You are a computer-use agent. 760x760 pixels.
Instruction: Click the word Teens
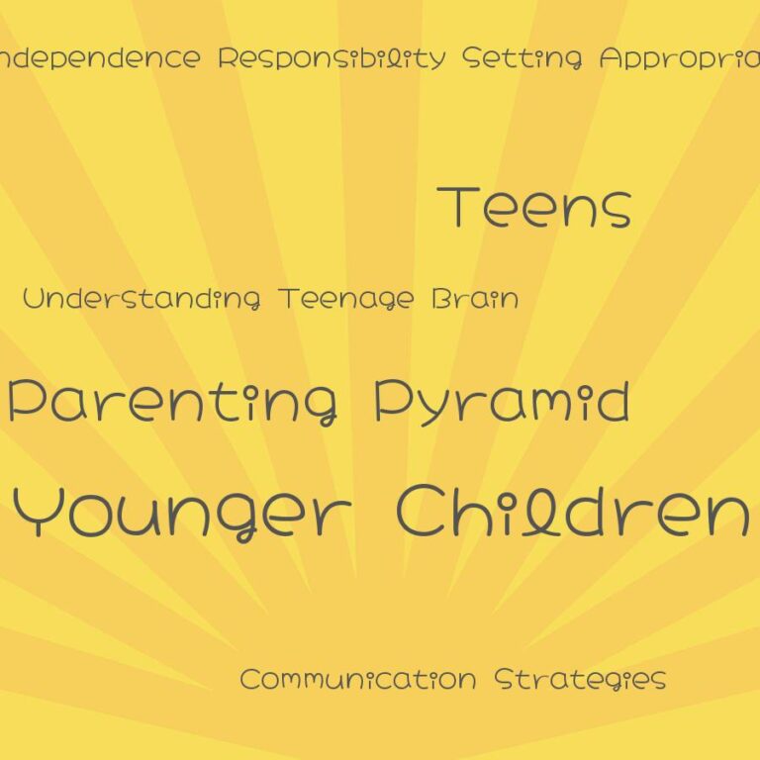[535, 208]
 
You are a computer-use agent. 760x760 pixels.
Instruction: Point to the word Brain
[475, 298]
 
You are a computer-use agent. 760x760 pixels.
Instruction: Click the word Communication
[357, 680]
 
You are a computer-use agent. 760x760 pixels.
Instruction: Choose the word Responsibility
[332, 58]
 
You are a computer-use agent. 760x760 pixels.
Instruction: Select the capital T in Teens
[458, 207]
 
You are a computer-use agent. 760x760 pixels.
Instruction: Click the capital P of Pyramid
[388, 401]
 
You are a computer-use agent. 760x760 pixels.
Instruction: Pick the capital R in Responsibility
[228, 57]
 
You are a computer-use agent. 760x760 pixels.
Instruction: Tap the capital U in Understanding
[33, 298]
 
